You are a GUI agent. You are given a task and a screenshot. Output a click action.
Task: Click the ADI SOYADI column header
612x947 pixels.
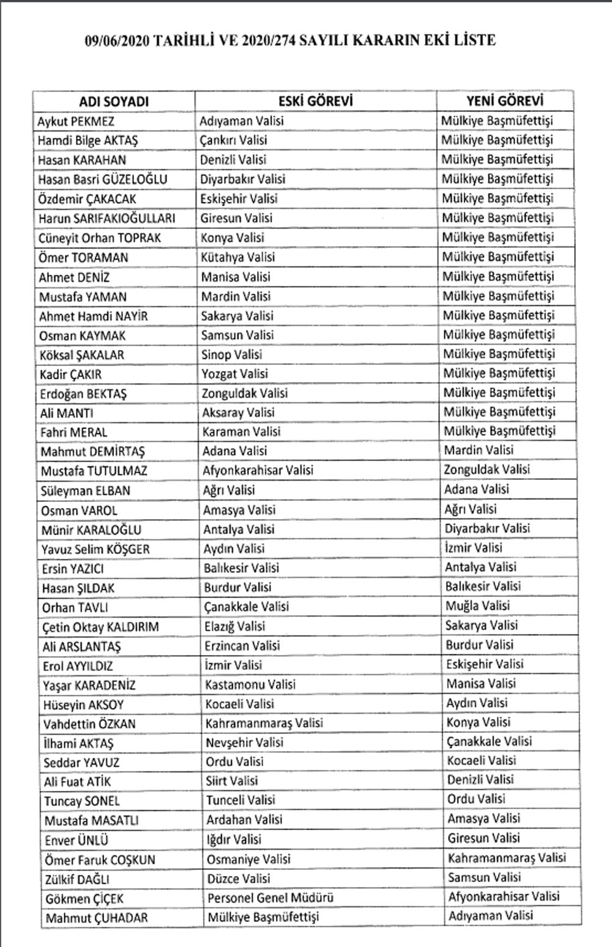click(114, 102)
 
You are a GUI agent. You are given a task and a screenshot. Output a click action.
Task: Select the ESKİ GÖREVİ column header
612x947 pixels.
click(316, 101)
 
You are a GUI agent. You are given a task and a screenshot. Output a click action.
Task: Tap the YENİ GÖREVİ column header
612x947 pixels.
click(504, 100)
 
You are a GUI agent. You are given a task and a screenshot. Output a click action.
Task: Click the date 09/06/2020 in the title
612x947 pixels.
click(115, 41)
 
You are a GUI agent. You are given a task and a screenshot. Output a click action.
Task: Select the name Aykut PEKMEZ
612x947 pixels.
click(76, 121)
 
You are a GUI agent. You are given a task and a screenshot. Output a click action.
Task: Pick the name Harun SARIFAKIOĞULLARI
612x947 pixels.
click(107, 219)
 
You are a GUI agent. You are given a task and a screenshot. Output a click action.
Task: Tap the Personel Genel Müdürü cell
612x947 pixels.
click(270, 898)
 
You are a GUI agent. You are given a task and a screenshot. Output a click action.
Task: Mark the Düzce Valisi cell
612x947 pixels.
click(238, 878)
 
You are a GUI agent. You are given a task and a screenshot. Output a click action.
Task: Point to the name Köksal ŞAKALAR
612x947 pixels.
click(81, 355)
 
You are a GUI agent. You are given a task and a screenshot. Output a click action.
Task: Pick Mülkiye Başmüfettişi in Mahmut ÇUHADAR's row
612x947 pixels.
click(263, 917)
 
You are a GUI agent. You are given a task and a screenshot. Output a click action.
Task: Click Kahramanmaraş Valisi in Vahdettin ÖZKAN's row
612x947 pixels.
click(264, 723)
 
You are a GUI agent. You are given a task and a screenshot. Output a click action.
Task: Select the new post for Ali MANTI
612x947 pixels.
click(499, 412)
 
